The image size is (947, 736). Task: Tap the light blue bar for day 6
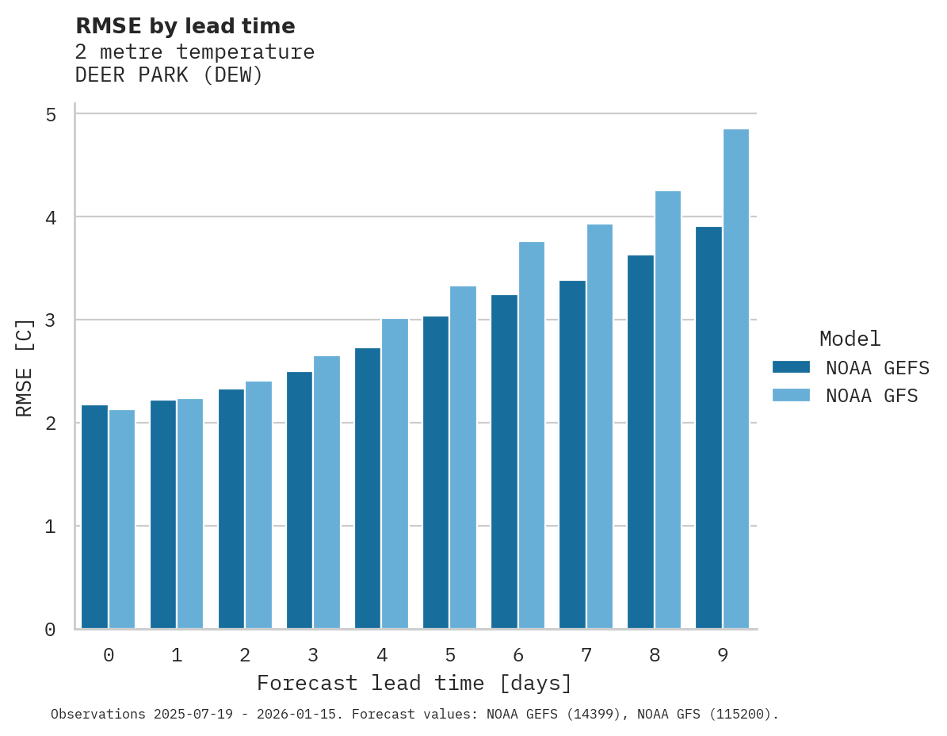pyautogui.click(x=532, y=435)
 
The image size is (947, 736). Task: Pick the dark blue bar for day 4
pyautogui.click(x=368, y=489)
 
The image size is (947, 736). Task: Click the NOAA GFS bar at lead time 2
pyautogui.click(x=258, y=505)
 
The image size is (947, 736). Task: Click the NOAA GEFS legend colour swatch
pyautogui.click(x=791, y=367)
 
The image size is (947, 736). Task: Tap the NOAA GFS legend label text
pyautogui.click(x=872, y=396)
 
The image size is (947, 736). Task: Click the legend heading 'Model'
pyautogui.click(x=850, y=339)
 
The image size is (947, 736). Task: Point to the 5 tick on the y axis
pyautogui.click(x=51, y=115)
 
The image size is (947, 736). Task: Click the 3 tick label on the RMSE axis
pyautogui.click(x=51, y=320)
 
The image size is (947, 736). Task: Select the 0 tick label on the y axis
pyautogui.click(x=51, y=630)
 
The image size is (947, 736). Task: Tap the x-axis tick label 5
pyautogui.click(x=450, y=655)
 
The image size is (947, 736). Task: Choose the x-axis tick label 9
pyautogui.click(x=723, y=655)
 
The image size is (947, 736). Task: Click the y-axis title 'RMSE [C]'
pyautogui.click(x=25, y=367)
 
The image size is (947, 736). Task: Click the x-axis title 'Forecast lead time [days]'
pyautogui.click(x=414, y=683)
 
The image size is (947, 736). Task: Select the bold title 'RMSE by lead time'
pyautogui.click(x=185, y=26)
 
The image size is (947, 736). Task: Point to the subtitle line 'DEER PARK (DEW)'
pyautogui.click(x=169, y=75)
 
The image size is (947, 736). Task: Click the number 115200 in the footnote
pyautogui.click(x=740, y=714)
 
